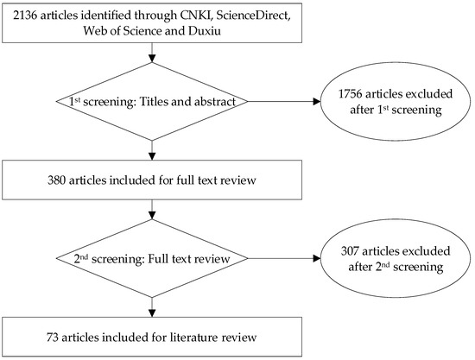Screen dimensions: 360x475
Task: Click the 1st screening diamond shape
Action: (152, 103)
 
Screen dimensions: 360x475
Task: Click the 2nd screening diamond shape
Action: (152, 256)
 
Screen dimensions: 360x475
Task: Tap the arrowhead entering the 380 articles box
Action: (152, 157)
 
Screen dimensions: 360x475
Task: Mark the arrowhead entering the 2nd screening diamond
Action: (152, 212)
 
